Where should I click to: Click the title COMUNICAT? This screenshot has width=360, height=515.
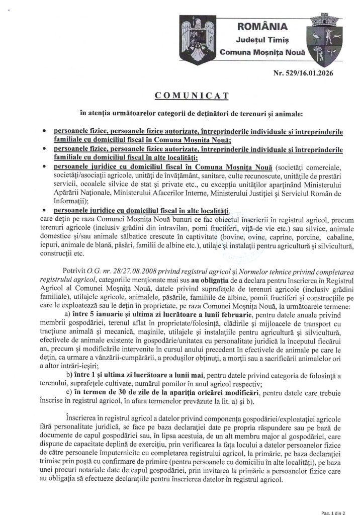click(179, 94)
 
